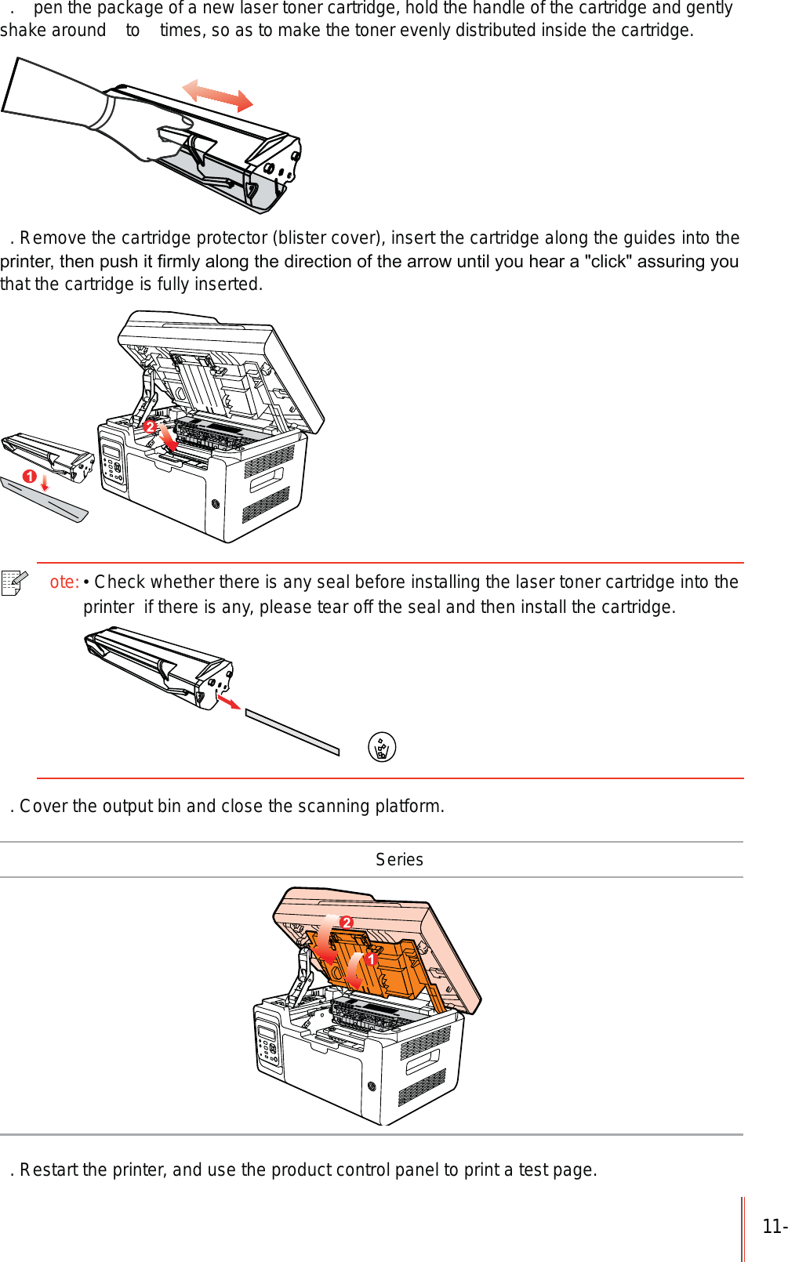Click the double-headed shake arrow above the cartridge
pos(217,96)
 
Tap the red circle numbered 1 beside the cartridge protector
pos(30,477)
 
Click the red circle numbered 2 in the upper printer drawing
pos(150,426)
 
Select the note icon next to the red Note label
pos(14,582)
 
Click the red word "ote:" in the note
pos(64,582)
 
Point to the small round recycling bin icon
pos(382,747)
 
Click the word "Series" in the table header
pos(399,860)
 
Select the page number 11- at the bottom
pos(774,1227)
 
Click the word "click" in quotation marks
pos(608,262)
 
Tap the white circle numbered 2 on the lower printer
pos(347,923)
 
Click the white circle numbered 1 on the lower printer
pos(372,959)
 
